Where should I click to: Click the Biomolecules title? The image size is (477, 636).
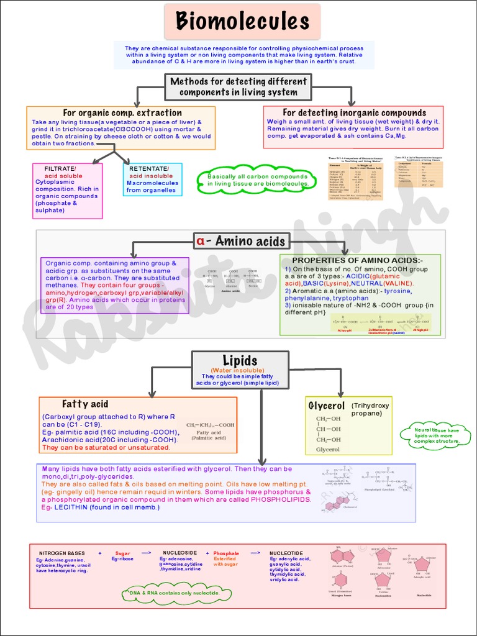[242, 22]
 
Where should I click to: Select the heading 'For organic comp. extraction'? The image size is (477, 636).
[122, 113]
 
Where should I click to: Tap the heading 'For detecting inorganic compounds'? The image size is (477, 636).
[354, 113]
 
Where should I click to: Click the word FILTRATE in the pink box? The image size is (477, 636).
[60, 169]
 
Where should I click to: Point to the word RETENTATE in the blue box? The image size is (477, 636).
[148, 169]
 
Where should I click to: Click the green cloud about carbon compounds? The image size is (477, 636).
[258, 180]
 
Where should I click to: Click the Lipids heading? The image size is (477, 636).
[240, 361]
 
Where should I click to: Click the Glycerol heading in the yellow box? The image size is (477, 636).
[327, 406]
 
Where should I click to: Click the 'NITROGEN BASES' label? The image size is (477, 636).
[63, 553]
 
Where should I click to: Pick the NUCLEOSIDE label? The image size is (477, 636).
[179, 553]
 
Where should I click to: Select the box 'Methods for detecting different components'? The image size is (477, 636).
[238, 87]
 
